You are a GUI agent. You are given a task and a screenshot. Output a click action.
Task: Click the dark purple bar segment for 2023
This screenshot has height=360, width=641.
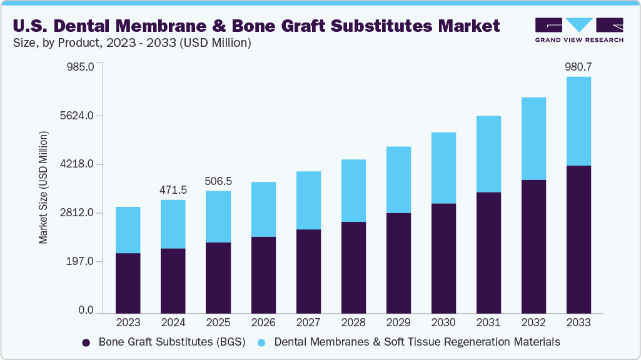128,282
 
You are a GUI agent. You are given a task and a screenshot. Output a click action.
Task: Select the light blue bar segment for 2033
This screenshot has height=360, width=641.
578,121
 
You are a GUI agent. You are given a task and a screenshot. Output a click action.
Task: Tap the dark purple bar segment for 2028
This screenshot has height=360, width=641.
353,267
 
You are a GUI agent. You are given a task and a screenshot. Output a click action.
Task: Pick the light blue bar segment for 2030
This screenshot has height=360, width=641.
443,167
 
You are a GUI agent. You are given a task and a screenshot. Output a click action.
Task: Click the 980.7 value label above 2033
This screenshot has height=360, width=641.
578,66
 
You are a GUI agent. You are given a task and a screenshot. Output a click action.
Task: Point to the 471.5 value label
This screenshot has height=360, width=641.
173,189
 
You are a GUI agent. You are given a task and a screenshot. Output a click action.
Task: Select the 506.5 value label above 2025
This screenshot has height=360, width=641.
218,181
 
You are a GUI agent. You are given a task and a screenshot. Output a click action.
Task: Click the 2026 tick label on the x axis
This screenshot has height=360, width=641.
263,322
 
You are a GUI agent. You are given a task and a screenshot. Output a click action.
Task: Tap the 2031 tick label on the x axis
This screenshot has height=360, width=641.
488,322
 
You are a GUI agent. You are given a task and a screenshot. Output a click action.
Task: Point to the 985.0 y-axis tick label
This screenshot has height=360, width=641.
79,67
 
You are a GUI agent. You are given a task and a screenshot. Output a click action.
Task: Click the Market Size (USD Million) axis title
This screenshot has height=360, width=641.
43,187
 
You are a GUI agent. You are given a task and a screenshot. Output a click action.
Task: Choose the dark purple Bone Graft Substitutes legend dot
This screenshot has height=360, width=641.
86,342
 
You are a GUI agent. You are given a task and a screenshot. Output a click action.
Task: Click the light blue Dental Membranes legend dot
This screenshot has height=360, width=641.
262,342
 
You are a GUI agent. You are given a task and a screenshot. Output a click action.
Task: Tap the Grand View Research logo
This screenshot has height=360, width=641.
579,30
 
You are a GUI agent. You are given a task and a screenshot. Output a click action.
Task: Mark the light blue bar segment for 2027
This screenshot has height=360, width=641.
308,200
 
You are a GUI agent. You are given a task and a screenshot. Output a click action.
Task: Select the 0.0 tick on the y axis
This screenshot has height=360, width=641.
86,311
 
